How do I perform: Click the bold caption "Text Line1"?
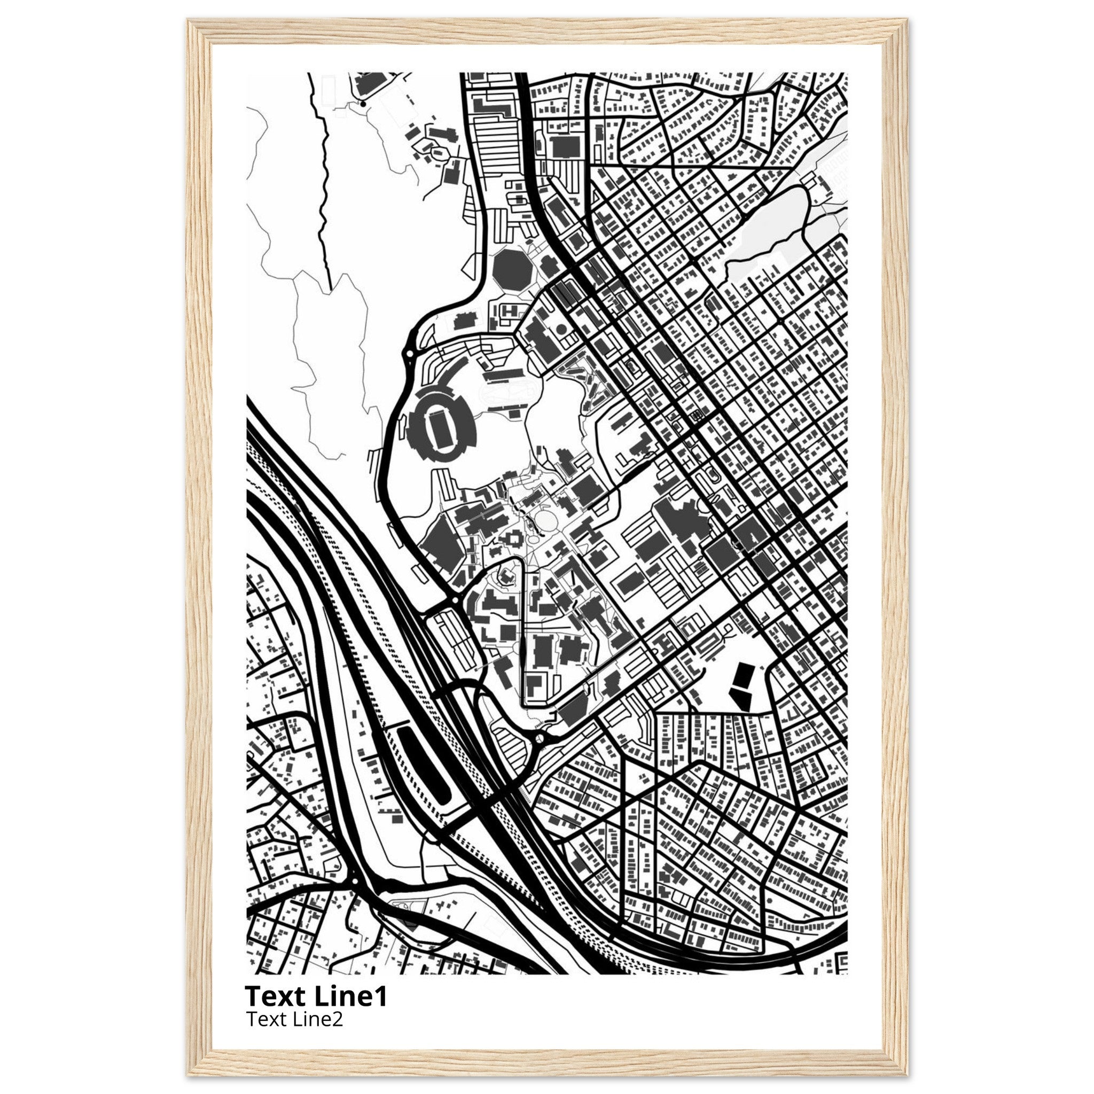(x=316, y=997)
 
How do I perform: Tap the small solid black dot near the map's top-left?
(x=362, y=104)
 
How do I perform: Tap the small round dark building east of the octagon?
(x=561, y=328)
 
